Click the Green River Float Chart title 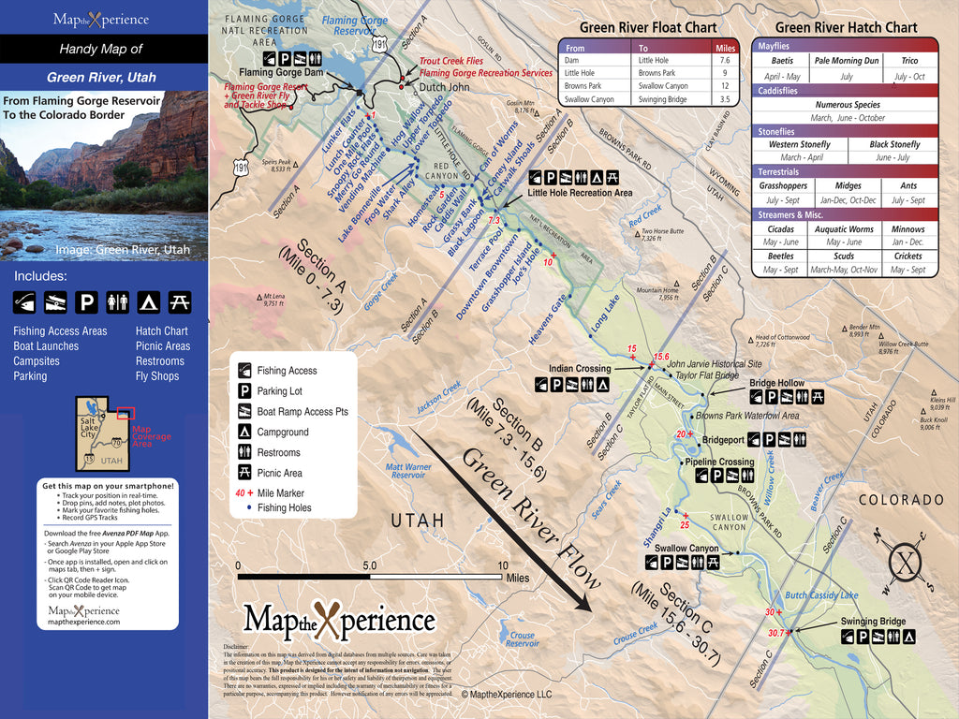tap(648, 27)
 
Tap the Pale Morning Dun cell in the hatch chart tap(846, 61)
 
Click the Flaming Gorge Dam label tap(281, 72)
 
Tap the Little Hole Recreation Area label tap(580, 193)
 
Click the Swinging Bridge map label tap(872, 621)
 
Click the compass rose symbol tap(904, 563)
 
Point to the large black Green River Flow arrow tap(506, 524)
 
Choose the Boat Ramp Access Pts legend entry tap(302, 412)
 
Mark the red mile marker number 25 tap(685, 524)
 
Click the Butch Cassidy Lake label tap(821, 595)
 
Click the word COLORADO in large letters tap(901, 500)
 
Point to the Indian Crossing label tap(579, 369)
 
